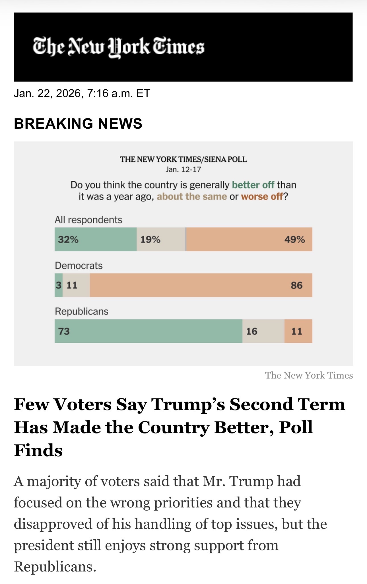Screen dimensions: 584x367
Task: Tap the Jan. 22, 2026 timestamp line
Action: [x=82, y=93]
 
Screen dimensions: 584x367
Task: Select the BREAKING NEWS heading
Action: [x=78, y=124]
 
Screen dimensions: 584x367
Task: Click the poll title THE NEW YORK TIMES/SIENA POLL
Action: [x=183, y=159]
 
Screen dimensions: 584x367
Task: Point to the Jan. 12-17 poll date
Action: [x=183, y=170]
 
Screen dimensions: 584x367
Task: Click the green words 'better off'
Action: [x=253, y=185]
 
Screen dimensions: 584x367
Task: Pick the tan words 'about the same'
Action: [x=192, y=197]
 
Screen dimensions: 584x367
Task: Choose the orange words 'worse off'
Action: [x=262, y=197]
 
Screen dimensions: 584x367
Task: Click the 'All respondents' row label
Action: [x=88, y=220]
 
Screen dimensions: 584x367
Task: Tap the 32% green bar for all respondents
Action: [x=96, y=239]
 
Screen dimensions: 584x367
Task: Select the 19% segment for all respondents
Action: [x=161, y=239]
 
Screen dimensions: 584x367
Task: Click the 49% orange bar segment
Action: [x=249, y=239]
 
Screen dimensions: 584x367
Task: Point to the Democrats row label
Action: [x=79, y=266]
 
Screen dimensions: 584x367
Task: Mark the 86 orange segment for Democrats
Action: [x=201, y=285]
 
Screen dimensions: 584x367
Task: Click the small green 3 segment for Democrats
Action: [x=59, y=285]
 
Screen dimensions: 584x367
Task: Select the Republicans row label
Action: [x=82, y=311]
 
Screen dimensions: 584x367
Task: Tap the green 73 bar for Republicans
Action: [x=149, y=331]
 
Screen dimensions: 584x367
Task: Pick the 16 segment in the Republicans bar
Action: [x=263, y=331]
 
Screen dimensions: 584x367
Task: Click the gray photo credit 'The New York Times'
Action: [x=309, y=375]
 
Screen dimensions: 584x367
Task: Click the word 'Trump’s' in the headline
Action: [x=188, y=404]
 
